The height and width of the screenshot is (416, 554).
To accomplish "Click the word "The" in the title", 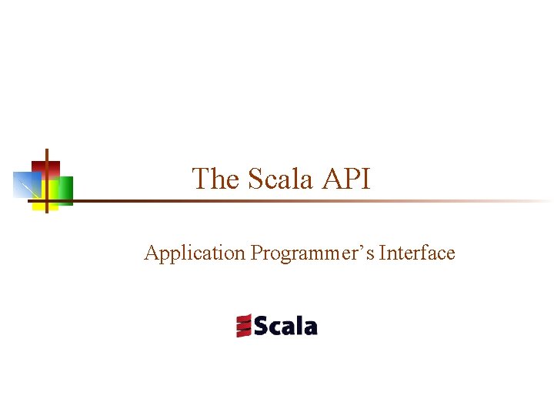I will click(215, 179).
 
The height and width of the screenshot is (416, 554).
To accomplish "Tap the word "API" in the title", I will click(346, 179).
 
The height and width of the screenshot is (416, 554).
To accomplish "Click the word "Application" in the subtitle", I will click(195, 253).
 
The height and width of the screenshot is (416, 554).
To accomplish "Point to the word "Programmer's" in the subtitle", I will click(312, 253).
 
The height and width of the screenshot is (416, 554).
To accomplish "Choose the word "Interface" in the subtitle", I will click(417, 253).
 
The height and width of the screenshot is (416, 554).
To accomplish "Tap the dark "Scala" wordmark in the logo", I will click(285, 326).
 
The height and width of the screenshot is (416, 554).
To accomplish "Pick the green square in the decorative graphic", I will click(65, 190).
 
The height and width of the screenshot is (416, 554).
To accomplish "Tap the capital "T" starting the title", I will click(200, 179).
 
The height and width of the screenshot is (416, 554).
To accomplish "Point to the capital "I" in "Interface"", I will click(382, 253).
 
